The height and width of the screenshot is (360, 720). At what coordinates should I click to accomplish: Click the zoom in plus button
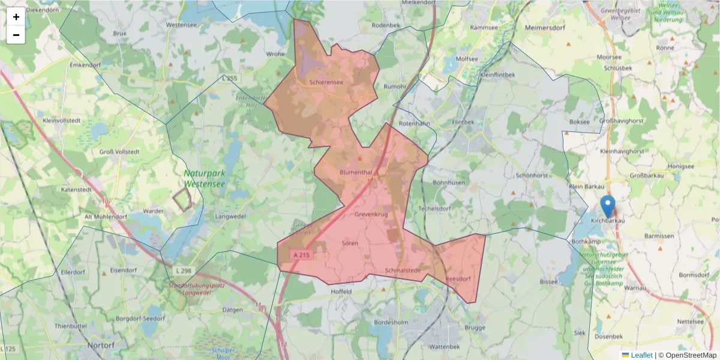[16, 17]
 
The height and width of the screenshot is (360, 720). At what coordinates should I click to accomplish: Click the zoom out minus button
[16, 35]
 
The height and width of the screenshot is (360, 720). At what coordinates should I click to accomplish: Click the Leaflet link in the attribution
[641, 355]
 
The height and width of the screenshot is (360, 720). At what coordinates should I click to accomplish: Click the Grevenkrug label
[372, 214]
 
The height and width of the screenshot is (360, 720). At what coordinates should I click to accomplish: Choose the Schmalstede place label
[403, 271]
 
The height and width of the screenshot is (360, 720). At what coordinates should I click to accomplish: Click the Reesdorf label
[458, 279]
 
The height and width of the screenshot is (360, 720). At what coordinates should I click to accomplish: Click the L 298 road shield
[184, 271]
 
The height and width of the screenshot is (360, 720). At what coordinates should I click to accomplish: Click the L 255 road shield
[229, 78]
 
